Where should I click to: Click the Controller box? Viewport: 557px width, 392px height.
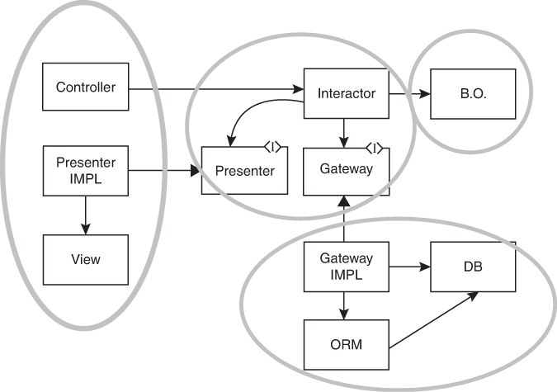tap(85, 87)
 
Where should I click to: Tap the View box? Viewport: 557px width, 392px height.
tap(85, 258)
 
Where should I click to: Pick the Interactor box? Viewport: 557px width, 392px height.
tap(346, 93)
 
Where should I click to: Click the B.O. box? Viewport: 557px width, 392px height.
tap(474, 93)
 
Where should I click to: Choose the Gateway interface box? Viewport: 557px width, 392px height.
tap(345, 170)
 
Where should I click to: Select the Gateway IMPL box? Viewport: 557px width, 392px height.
tap(346, 266)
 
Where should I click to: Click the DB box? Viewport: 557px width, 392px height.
tap(474, 266)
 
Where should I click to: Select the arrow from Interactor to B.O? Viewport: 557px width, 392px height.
tap(409, 94)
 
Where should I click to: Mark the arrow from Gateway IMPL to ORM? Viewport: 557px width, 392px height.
tap(346, 305)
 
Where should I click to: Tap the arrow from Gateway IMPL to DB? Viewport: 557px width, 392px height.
tap(409, 267)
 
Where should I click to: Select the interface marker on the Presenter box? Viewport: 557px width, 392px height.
tap(273, 147)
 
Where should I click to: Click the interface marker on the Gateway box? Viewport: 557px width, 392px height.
tap(375, 148)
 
